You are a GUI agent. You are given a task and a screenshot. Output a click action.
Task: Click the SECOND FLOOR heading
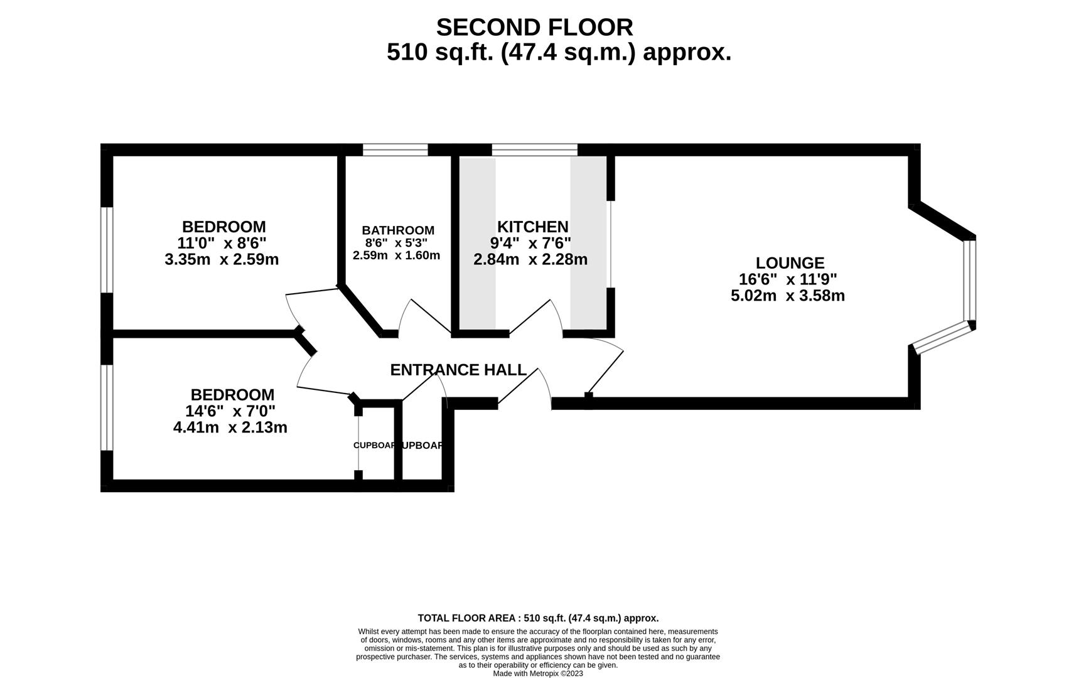(534, 28)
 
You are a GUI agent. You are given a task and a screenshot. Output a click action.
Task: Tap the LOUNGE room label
(789, 263)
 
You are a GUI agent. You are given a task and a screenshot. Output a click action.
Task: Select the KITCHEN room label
(532, 227)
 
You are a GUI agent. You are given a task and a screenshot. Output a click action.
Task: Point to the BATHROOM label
(397, 230)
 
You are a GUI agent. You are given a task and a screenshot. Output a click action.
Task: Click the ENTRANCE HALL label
(458, 370)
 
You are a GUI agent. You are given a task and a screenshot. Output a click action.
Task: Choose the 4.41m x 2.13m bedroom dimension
(230, 428)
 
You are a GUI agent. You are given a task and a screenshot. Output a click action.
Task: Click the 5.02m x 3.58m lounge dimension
(787, 296)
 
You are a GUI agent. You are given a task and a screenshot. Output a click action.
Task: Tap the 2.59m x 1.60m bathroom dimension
(396, 256)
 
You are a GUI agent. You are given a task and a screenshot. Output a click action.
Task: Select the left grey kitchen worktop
(478, 244)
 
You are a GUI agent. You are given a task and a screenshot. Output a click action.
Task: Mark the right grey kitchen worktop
(588, 244)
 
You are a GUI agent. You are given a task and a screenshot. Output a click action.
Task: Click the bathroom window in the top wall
(395, 149)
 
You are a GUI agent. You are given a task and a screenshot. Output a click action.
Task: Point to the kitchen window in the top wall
(534, 149)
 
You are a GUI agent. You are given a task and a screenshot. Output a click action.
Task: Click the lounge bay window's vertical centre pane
(970, 280)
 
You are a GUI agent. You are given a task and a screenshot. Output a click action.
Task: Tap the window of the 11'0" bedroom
(107, 249)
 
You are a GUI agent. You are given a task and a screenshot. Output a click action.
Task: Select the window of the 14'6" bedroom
(107, 407)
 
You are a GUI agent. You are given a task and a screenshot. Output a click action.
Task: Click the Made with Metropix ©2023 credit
(537, 674)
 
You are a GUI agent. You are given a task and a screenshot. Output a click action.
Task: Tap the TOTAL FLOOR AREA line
(537, 618)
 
